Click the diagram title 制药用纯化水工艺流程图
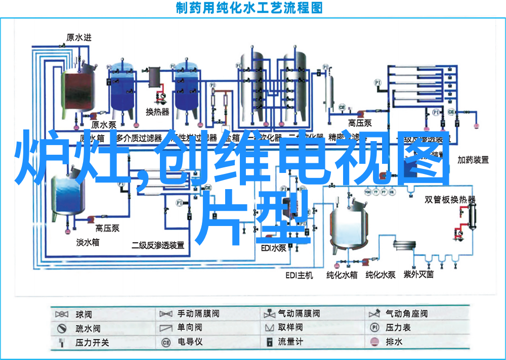tap(249, 8)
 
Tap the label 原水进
tap(79, 37)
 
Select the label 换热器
tap(157, 112)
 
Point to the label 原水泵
tap(104, 124)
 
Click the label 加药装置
tap(473, 160)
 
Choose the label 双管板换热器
tap(450, 199)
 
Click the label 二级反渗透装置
tap(158, 245)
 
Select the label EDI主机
tap(299, 275)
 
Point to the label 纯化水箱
tap(342, 275)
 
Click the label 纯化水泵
tap(381, 275)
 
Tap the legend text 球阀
tap(83, 314)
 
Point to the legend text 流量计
tap(290, 342)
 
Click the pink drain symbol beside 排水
tap(374, 342)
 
